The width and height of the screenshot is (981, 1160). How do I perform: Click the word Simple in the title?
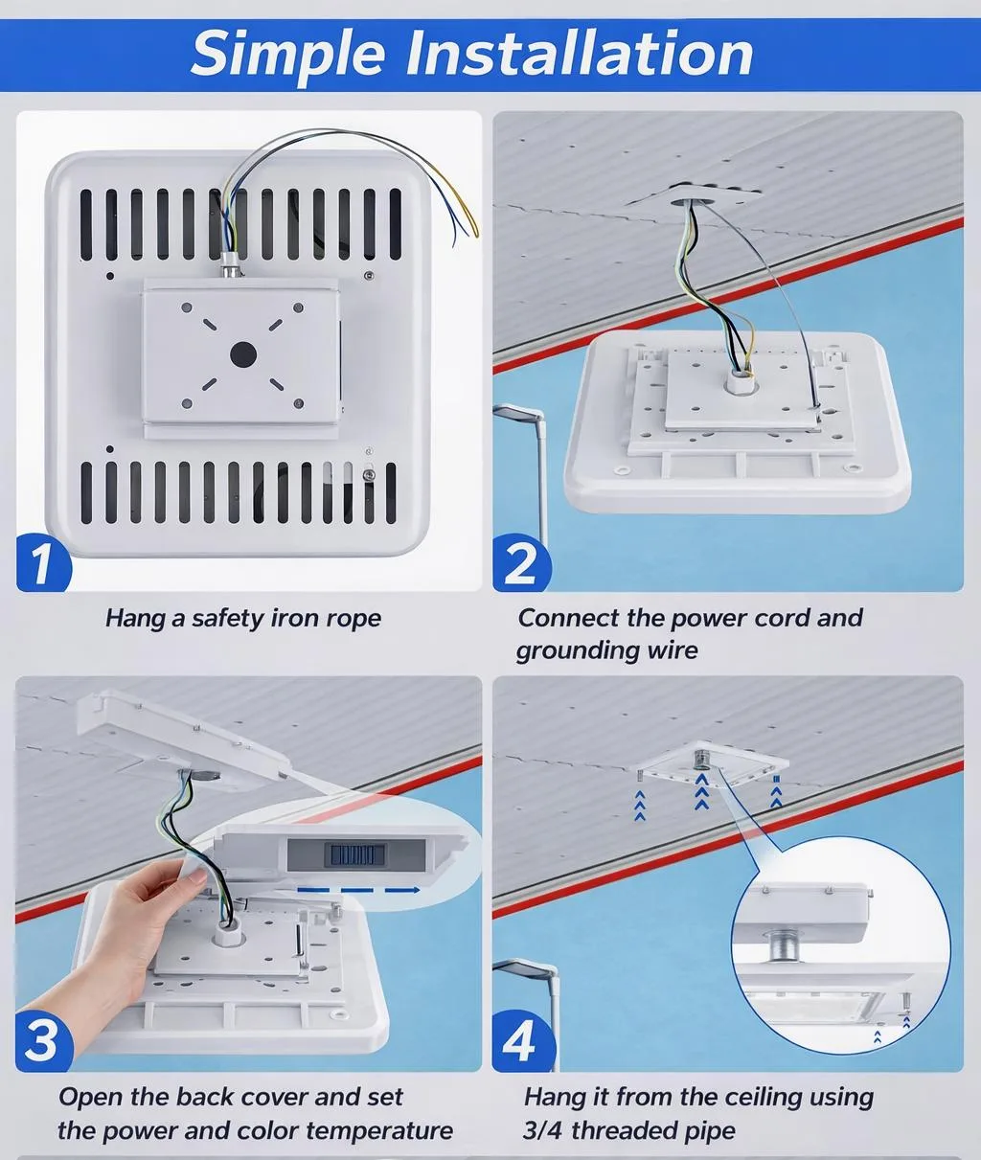coord(289,54)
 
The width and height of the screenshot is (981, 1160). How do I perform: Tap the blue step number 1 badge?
coord(42,563)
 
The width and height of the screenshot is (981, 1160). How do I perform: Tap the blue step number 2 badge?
coord(520,563)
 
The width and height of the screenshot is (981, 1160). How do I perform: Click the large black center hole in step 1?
coord(242,355)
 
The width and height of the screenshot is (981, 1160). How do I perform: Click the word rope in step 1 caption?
coord(353,619)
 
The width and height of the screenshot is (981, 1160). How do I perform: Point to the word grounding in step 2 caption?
coord(567,651)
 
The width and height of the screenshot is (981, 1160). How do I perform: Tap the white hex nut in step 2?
coord(739,384)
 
